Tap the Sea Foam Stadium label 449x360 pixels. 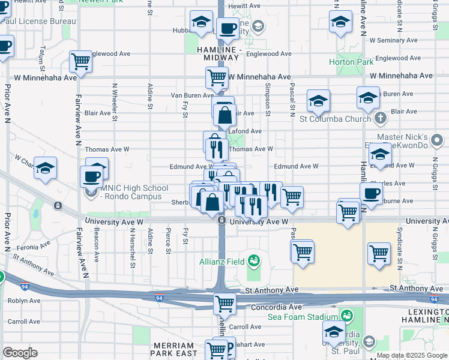pyautogui.click(x=302, y=316)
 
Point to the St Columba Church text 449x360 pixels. pyautogui.click(x=335, y=119)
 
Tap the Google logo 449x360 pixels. pyautogui.click(x=20, y=353)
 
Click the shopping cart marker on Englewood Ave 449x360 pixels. pyautogui.click(x=80, y=61)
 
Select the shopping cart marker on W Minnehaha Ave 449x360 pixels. pyautogui.click(x=217, y=77)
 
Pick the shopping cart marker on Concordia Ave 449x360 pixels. pyautogui.click(x=224, y=303)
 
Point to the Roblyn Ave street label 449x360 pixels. pyautogui.click(x=24, y=301)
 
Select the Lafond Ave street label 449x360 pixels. pyautogui.click(x=248, y=131)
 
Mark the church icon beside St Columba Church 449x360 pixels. pyautogui.click(x=380, y=119)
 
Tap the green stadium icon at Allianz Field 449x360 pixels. pyautogui.click(x=255, y=261)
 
